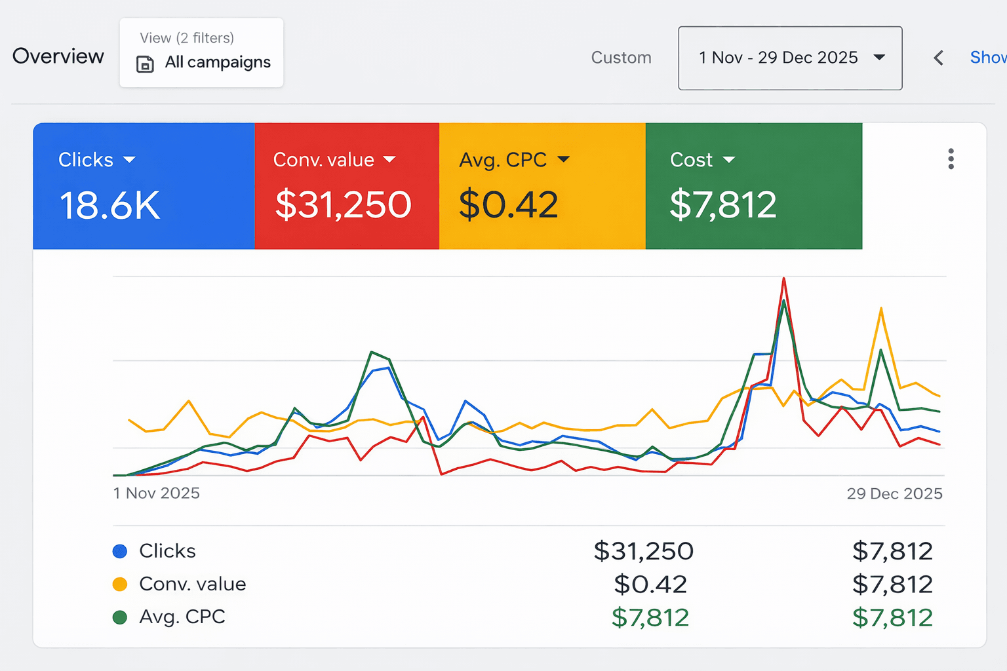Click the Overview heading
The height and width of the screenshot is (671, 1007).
[58, 56]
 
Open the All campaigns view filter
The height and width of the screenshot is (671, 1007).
[201, 52]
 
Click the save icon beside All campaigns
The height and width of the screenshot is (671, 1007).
[145, 64]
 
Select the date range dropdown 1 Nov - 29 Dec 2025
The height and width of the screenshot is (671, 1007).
[790, 58]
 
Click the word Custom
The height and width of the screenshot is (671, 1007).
[621, 58]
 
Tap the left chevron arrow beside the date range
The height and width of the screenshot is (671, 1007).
[939, 58]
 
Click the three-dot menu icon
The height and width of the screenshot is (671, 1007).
[951, 159]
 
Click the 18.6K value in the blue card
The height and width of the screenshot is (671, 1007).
[109, 205]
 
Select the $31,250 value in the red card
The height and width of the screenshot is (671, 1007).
[343, 204]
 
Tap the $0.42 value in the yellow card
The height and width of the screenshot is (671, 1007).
[508, 204]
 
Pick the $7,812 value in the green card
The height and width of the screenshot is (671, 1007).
[722, 204]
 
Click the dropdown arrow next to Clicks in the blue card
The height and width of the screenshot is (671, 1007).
[129, 160]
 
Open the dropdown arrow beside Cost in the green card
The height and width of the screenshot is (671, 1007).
[729, 160]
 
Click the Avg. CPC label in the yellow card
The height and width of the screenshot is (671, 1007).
[503, 160]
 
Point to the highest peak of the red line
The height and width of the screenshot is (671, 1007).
[783, 279]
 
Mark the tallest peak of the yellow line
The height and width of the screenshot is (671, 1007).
[880, 309]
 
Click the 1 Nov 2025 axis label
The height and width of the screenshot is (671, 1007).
[156, 493]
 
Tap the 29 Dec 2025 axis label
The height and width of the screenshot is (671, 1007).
[894, 493]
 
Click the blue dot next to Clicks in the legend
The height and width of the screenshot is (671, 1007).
[120, 551]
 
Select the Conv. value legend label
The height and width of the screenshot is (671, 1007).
[193, 584]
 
